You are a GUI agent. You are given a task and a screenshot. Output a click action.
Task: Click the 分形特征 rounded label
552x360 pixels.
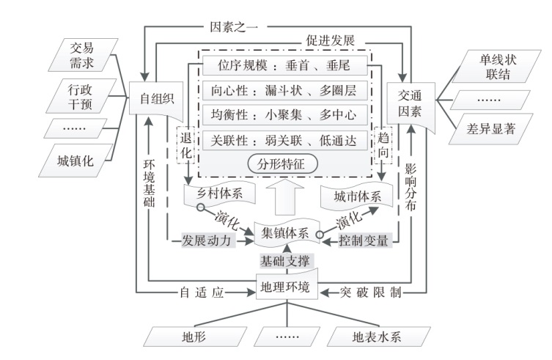[282, 164]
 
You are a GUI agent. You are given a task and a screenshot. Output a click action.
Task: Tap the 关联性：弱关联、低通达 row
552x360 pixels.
[282, 139]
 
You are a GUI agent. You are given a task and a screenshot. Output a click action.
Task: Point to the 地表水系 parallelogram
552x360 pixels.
[376, 337]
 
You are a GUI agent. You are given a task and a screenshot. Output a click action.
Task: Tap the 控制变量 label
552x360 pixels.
[364, 240]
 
